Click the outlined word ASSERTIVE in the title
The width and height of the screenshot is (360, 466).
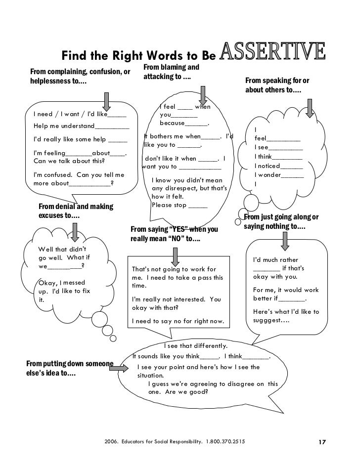[x=272, y=53]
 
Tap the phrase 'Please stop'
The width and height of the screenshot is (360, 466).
[x=173, y=205]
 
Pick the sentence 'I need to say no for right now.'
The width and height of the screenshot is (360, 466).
[x=178, y=322]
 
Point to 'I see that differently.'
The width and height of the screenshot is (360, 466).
[x=195, y=346]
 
